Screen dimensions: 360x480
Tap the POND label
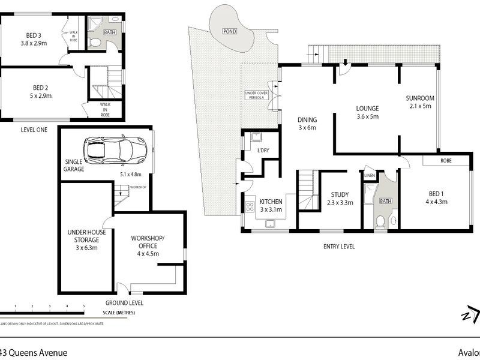point(229,31)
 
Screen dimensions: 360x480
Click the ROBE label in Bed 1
point(445,161)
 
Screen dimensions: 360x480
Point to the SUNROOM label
point(419,98)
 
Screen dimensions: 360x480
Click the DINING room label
point(307,119)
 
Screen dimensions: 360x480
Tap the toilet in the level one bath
point(96,42)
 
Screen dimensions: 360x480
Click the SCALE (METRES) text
point(119,313)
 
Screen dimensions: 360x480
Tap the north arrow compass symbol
point(470,315)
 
